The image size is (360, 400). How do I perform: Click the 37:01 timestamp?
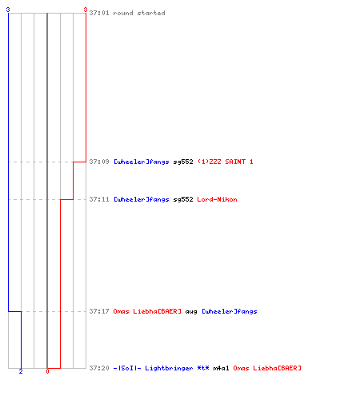tap(99, 13)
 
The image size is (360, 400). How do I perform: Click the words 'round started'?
tap(139, 13)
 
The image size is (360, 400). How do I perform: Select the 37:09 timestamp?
tap(99, 162)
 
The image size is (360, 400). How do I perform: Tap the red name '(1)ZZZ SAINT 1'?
tap(226, 162)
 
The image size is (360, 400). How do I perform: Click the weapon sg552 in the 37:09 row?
tap(183, 162)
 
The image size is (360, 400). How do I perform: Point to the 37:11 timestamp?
tap(99, 199)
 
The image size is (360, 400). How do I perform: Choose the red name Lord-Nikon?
tap(217, 199)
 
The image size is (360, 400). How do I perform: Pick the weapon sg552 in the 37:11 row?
tap(183, 199)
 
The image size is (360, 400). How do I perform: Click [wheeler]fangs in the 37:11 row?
tap(142, 199)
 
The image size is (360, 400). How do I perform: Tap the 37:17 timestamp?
tap(99, 311)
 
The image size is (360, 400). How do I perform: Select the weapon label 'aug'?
tap(191, 312)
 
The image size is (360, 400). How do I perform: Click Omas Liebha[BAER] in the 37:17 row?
tap(147, 311)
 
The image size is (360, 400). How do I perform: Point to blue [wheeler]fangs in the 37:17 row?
tap(230, 311)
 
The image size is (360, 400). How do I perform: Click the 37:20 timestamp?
tap(99, 368)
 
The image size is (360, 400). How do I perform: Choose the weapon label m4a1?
tap(221, 368)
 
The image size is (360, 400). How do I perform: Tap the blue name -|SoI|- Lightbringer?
tap(153, 368)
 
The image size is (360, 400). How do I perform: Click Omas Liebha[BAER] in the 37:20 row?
tap(267, 368)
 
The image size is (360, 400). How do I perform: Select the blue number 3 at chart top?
tap(8, 10)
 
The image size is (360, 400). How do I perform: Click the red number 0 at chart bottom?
tap(47, 371)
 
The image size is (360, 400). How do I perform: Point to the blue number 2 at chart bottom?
tap(21, 371)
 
